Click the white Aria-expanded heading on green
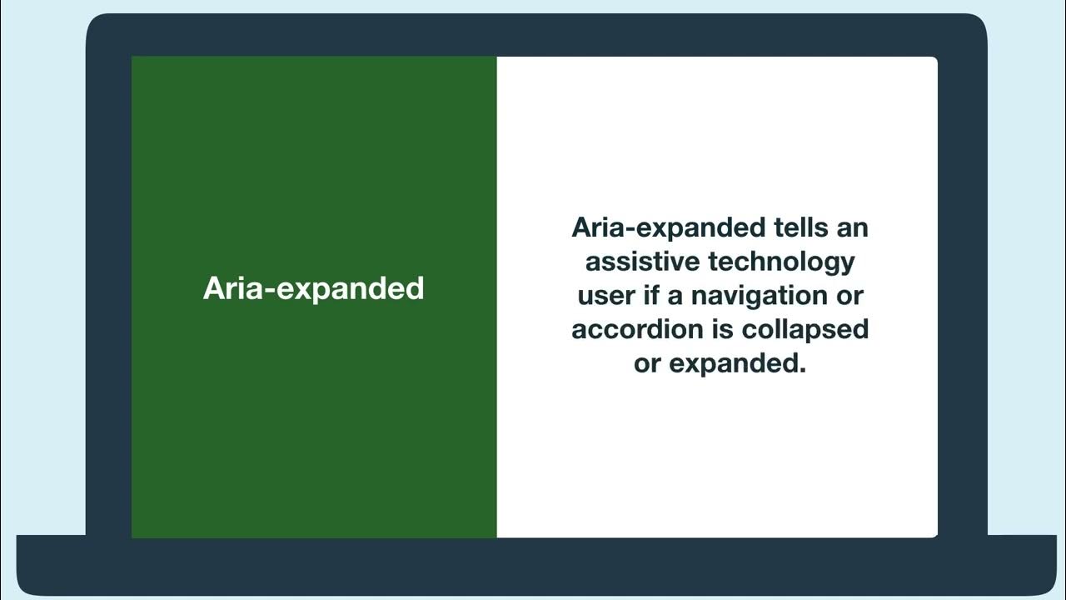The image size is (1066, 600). (x=314, y=288)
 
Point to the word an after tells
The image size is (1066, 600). (x=851, y=227)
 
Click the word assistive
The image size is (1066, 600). (x=642, y=261)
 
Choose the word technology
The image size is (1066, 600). (x=781, y=262)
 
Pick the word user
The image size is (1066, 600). (x=605, y=295)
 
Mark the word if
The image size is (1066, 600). (x=651, y=295)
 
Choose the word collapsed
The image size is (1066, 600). (x=805, y=330)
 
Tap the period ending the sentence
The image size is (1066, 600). (x=803, y=370)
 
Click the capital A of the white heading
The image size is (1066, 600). (x=215, y=288)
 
